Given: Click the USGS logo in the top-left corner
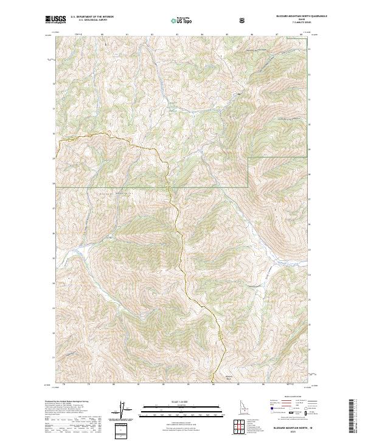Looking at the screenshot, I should (55, 19).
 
